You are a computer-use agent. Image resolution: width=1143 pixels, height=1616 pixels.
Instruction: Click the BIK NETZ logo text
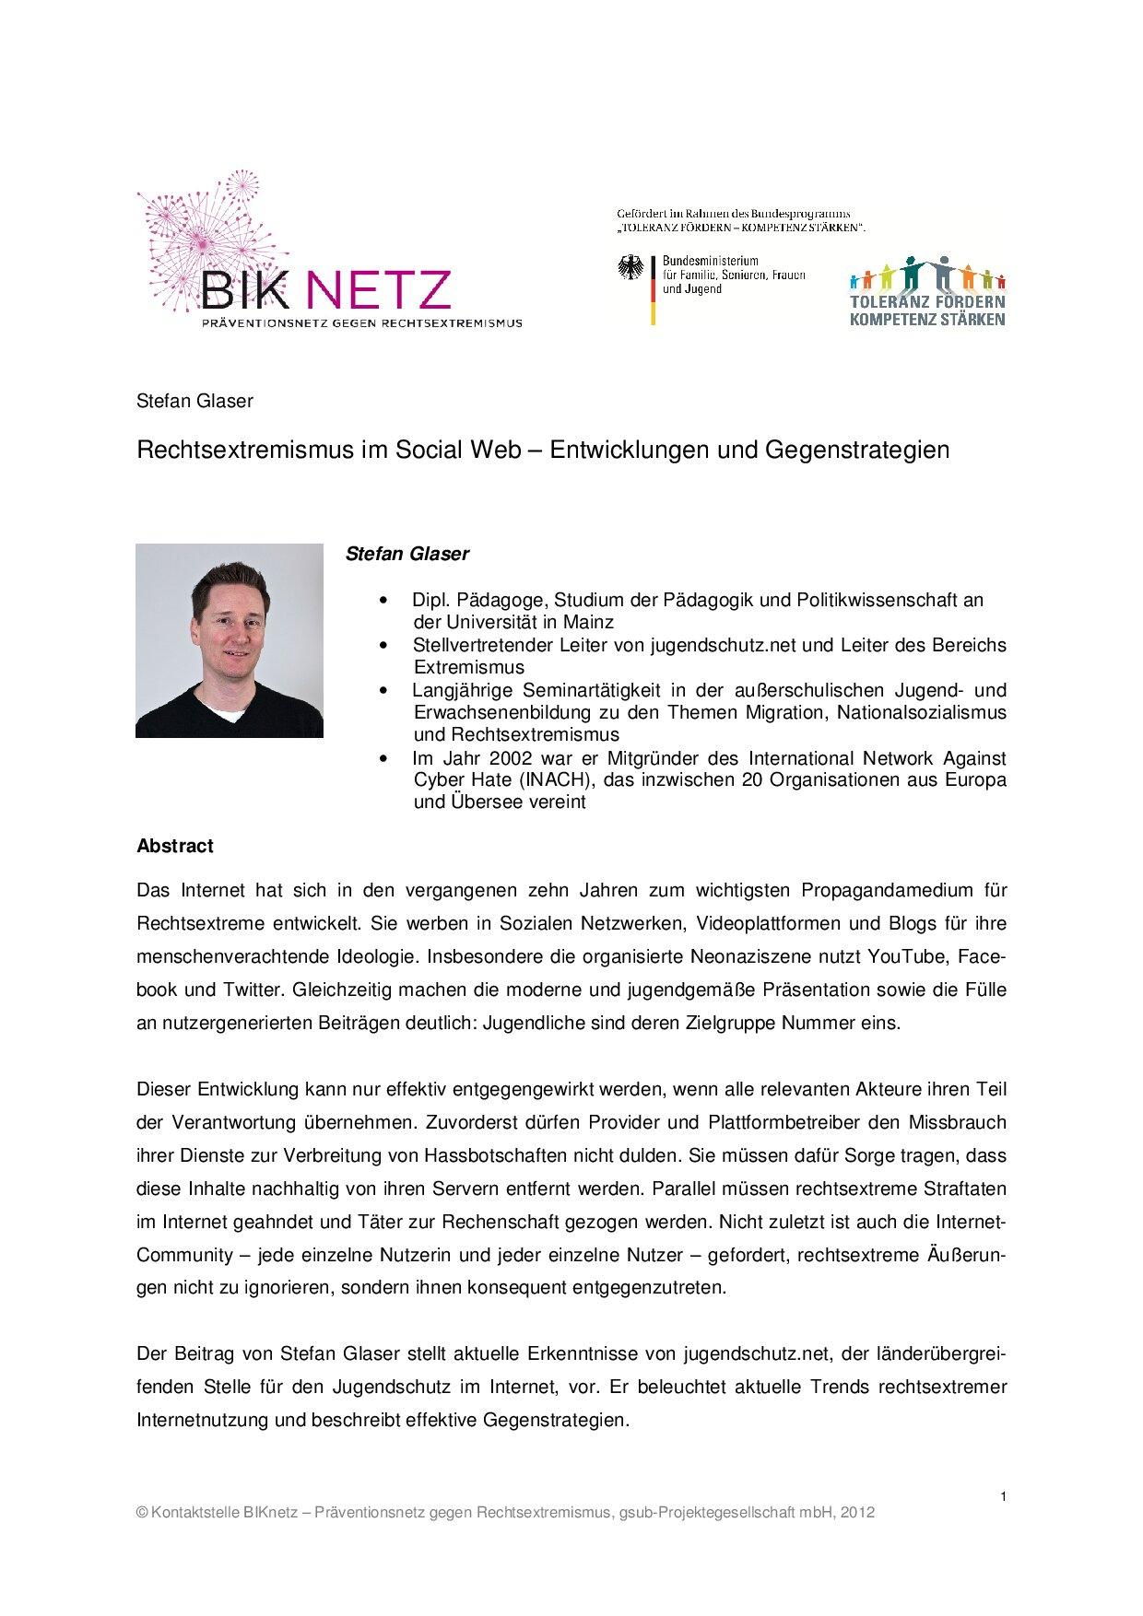tap(327, 288)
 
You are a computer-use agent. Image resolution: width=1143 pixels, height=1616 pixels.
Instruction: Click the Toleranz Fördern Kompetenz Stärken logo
tap(926, 290)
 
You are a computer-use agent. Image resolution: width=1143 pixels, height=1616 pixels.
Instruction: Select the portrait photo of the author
tap(230, 640)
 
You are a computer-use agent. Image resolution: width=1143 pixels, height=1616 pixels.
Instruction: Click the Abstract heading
tap(174, 846)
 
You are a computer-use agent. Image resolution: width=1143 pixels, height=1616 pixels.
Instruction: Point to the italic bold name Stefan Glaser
tap(407, 554)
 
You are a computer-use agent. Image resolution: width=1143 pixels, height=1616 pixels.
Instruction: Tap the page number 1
tap(1002, 1497)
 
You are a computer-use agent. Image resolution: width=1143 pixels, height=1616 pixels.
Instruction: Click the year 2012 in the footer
tap(857, 1512)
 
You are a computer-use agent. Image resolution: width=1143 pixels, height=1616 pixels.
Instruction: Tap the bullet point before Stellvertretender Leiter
tap(383, 645)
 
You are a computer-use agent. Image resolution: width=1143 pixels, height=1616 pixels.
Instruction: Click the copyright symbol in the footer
tap(142, 1513)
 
